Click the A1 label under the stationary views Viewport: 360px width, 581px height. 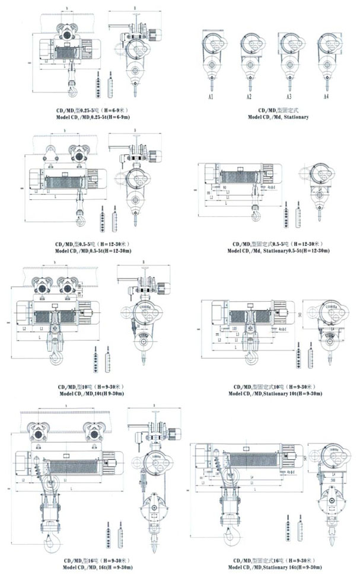click(211, 96)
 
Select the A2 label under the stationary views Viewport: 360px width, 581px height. click(249, 96)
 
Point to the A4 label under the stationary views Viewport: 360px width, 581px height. click(326, 96)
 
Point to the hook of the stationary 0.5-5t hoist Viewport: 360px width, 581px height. click(256, 209)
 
